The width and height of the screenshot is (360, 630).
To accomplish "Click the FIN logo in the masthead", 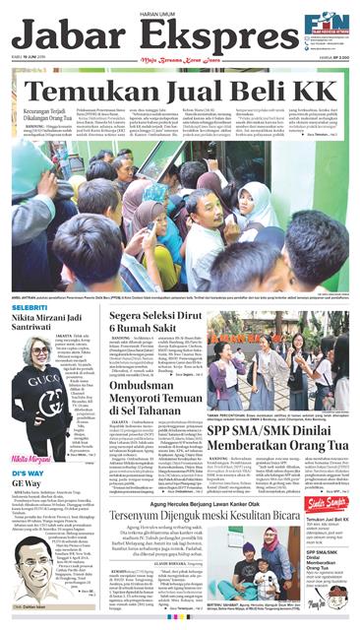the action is [325, 26].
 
